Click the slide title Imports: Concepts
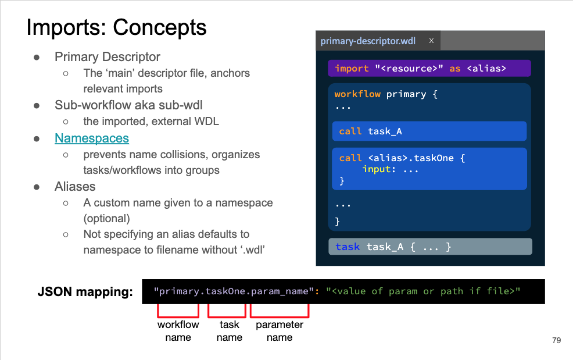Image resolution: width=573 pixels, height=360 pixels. tap(116, 27)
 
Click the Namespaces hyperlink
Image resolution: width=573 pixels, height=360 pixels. tap(92, 138)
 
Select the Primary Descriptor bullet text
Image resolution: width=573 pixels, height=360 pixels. tap(107, 57)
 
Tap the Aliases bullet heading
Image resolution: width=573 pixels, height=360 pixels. tap(75, 187)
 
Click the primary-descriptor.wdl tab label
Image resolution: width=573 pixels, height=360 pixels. tap(367, 41)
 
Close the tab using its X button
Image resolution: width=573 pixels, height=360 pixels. tap(431, 41)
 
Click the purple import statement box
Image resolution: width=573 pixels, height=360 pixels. tap(429, 69)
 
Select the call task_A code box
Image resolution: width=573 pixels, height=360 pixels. tap(429, 131)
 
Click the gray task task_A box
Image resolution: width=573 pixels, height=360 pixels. tap(429, 247)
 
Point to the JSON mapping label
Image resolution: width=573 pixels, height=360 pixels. tap(85, 292)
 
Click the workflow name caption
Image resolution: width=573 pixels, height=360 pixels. tap(178, 331)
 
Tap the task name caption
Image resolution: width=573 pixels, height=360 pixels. tap(230, 331)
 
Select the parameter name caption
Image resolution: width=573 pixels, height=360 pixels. tap(279, 331)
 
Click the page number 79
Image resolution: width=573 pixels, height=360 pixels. tap(556, 341)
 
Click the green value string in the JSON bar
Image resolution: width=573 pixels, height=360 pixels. tap(423, 291)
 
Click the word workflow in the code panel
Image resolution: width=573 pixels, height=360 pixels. tap(357, 94)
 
